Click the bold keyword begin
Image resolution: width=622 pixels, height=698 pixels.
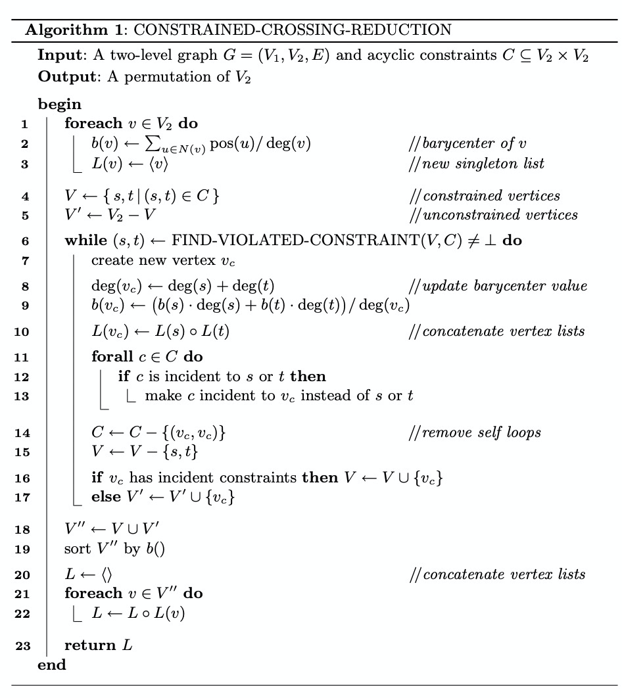[x=60, y=104]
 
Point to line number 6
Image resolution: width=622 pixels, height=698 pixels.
[x=25, y=241]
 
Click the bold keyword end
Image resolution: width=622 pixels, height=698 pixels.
[x=52, y=664]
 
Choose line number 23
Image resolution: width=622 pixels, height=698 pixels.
[x=22, y=645]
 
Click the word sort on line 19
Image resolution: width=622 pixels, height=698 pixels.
[x=76, y=549]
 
